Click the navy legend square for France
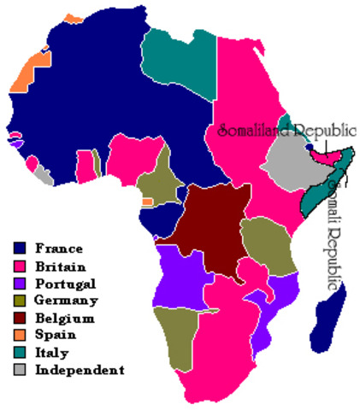coord(20,249)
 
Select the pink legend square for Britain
coord(20,266)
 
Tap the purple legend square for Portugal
coord(20,283)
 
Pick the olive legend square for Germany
coord(20,300)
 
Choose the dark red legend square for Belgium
coord(20,318)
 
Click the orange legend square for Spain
coord(20,335)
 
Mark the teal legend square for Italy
coord(20,352)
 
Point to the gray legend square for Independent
coord(20,370)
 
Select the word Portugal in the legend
coord(65,283)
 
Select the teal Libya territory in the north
coord(178,60)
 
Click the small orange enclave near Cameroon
coord(147,201)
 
